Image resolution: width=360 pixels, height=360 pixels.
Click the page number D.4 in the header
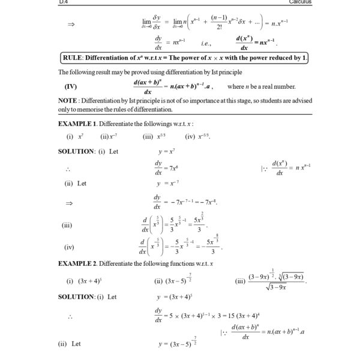[63, 2]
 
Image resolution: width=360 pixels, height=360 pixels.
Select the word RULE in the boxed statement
[75, 58]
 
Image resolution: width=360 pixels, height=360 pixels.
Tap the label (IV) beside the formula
[70, 86]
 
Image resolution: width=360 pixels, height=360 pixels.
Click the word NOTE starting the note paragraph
[68, 101]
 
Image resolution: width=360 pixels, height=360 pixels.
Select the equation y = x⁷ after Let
[166, 152]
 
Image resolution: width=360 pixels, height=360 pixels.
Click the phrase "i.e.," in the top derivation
[206, 43]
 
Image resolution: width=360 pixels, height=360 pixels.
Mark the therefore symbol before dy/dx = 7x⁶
[70, 168]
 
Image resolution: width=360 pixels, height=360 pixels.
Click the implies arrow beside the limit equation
[71, 25]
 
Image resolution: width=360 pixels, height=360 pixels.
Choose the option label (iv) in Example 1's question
[190, 137]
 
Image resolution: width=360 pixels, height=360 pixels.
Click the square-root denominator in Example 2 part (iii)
[276, 287]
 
